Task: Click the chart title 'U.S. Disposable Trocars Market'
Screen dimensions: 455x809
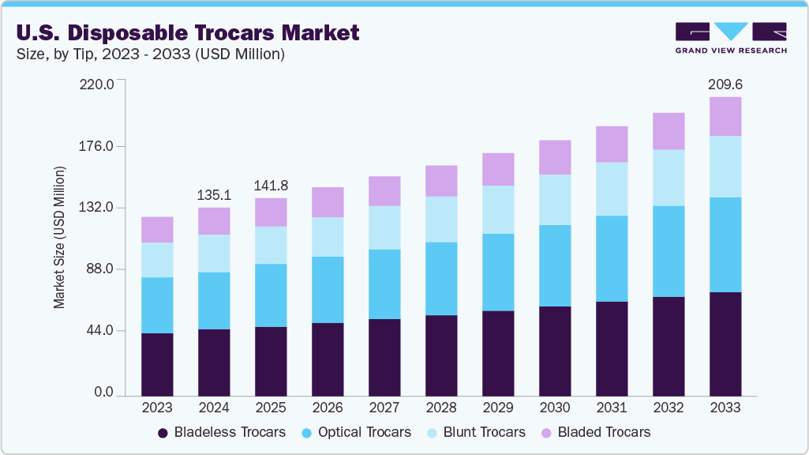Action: [x=187, y=32]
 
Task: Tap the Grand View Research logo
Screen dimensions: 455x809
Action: [x=730, y=38]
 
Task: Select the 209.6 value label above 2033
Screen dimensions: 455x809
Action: [x=725, y=84]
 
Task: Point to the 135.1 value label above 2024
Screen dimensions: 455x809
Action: [x=214, y=194]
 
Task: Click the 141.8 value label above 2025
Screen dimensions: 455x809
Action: [x=271, y=186]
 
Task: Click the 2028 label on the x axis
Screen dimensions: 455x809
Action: [x=441, y=408]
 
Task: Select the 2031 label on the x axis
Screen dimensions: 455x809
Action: [x=612, y=408]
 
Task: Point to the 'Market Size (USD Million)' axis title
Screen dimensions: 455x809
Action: [x=60, y=238]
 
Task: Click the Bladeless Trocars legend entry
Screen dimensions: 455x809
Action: [x=222, y=432]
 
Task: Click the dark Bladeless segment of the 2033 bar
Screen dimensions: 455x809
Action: [x=725, y=344]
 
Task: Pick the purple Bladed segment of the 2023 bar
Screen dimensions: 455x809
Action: [x=157, y=229]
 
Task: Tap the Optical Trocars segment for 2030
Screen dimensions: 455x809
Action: [x=555, y=265]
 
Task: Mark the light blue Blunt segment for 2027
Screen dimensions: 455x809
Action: [x=384, y=227]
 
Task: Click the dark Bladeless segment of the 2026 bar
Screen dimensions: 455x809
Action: [x=328, y=359]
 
